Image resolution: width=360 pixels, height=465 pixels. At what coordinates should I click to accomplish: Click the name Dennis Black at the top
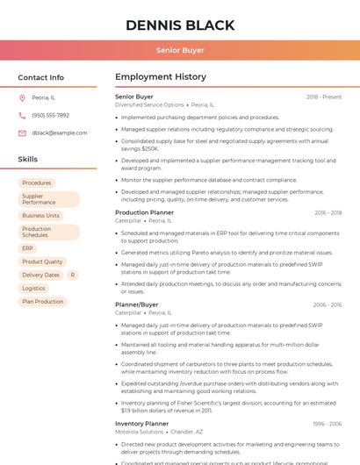180,25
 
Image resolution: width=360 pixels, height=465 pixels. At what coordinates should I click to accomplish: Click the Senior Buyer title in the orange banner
180,51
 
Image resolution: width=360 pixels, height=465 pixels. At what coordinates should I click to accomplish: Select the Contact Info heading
41,77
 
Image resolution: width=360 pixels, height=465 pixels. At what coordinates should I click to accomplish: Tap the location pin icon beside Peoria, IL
22,97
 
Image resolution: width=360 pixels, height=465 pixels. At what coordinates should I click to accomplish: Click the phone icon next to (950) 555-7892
22,115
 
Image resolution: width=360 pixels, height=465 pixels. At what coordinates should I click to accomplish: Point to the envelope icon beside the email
22,132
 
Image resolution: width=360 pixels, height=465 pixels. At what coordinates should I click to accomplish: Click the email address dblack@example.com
59,132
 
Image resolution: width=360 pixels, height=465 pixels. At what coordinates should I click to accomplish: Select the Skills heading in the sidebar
28,160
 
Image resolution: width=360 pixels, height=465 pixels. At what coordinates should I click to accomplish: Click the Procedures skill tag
37,183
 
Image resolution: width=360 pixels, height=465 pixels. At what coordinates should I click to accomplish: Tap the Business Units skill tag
40,215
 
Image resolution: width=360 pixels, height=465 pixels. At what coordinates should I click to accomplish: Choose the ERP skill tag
28,248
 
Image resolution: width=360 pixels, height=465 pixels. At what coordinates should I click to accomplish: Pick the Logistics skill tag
33,288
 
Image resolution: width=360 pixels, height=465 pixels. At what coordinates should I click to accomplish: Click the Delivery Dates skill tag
40,275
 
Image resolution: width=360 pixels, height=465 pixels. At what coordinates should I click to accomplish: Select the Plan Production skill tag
42,301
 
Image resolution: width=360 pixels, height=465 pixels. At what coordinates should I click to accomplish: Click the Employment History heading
161,77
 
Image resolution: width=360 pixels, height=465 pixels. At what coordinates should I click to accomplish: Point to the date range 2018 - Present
324,97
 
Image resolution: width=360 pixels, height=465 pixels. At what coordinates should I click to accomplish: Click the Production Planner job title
144,212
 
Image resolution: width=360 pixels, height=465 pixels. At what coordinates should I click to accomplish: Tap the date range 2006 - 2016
328,304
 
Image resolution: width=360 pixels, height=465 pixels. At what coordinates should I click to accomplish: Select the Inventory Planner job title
141,424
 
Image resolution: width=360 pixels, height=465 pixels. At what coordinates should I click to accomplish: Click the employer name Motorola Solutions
140,432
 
